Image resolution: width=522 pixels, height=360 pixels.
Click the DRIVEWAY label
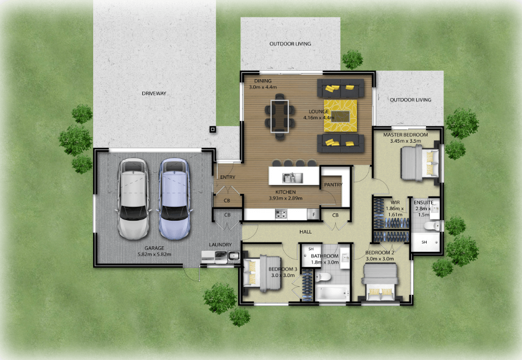coord(154,94)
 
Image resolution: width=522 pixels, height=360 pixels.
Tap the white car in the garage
coord(133,198)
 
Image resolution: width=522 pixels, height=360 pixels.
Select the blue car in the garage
coord(175,198)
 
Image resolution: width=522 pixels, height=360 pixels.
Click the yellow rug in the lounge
coord(341,115)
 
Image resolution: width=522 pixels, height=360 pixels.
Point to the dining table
coord(279,116)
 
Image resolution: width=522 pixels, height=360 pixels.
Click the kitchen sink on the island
coord(293,178)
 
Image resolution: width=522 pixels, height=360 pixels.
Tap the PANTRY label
coord(333,184)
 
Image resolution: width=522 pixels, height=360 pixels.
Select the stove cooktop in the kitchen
coord(281,214)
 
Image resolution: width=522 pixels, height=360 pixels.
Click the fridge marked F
coord(313,215)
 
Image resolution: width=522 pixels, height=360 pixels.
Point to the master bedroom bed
coord(420,163)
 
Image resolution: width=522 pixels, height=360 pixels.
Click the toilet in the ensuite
coord(433,226)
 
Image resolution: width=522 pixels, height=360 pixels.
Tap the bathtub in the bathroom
coord(332,293)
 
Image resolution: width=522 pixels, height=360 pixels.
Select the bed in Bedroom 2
coord(380,282)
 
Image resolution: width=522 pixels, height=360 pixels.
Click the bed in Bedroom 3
coord(263,274)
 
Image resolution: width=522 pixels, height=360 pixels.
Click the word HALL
coord(306,232)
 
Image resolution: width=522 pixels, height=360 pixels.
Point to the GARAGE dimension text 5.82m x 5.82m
coord(154,255)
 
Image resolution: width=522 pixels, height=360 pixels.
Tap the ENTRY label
coord(228,177)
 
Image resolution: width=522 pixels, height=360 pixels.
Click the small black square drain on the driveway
coord(212,129)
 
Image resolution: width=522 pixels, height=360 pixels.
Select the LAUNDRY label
coord(220,245)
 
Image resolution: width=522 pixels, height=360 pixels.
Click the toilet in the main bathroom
coord(322,276)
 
